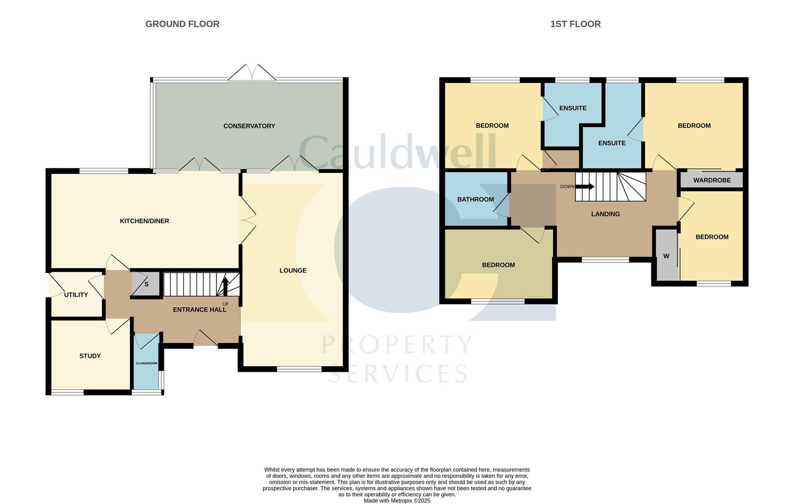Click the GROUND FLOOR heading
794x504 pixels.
pos(182,24)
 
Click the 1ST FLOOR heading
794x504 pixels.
pos(575,24)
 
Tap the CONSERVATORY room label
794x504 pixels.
pos(249,126)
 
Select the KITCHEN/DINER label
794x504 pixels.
pos(144,221)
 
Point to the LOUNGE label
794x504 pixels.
pos(293,270)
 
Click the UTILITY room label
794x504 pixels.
pos(76,294)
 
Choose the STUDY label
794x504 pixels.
pos(90,356)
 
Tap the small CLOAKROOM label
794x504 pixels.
pos(147,363)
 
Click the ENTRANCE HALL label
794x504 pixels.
pos(200,309)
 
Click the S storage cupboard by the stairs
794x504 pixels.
pos(146,284)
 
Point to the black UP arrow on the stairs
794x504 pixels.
pos(225,286)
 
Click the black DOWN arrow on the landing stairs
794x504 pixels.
pos(585,186)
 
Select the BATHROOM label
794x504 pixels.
pos(475,199)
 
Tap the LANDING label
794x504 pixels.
pos(605,214)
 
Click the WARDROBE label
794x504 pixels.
pos(712,180)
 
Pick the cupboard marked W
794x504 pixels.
pos(667,255)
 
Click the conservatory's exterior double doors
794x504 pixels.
pos(252,72)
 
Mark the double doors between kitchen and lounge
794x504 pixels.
pos(248,220)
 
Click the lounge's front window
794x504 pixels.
pos(299,369)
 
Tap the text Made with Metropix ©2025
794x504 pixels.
pos(397,501)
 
